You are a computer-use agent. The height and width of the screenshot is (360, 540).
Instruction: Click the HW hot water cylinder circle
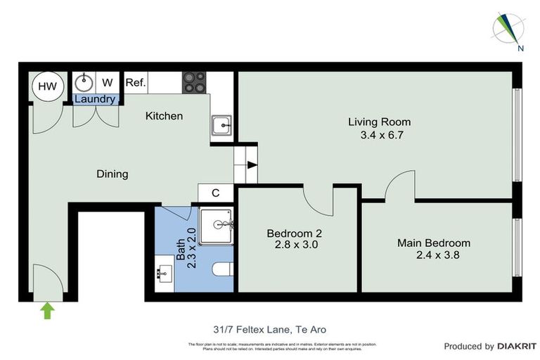[x=47, y=86]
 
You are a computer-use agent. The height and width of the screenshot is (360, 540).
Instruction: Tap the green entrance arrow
[x=47, y=310]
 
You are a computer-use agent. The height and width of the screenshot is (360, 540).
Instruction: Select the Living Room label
[x=379, y=122]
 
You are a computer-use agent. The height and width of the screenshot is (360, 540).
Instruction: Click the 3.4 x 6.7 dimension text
[x=380, y=134]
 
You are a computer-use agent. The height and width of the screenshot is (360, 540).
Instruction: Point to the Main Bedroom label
[x=434, y=243]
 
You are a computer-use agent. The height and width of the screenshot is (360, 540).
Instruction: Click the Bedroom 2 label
[x=295, y=233]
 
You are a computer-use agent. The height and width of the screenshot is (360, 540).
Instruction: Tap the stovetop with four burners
[x=195, y=83]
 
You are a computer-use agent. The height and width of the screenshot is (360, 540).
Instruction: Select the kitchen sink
[x=221, y=127]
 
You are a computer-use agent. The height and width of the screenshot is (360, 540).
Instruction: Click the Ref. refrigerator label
[x=136, y=83]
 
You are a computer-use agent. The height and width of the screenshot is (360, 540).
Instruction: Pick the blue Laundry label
[x=95, y=99]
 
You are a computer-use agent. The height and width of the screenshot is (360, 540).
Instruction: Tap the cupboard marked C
[x=216, y=193]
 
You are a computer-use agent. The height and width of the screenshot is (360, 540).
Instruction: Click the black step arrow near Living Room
[x=252, y=166]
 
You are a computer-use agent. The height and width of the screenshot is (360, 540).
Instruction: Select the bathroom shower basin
[x=215, y=225]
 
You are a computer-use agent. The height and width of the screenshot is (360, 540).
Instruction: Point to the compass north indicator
[x=510, y=30]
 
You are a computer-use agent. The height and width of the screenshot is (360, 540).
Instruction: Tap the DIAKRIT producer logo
[x=517, y=346]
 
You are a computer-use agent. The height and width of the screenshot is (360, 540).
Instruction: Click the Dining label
[x=112, y=174]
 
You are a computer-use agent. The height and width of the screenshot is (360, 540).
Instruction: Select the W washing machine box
[x=108, y=82]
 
